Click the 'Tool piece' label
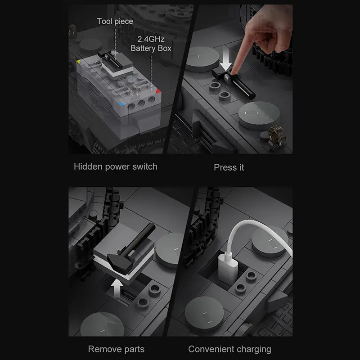pyautogui.click(x=115, y=21)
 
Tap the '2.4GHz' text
pyautogui.click(x=151, y=39)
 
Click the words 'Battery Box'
pyautogui.click(x=151, y=48)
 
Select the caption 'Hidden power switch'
pyautogui.click(x=116, y=166)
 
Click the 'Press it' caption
pyautogui.click(x=229, y=167)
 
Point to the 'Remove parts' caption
pyautogui.click(x=116, y=349)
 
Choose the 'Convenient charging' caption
pyautogui.click(x=229, y=349)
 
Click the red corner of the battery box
pyautogui.click(x=158, y=91)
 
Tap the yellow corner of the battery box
pyautogui.click(x=79, y=61)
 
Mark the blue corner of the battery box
pyautogui.click(x=121, y=104)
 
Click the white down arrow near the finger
pyautogui.click(x=226, y=60)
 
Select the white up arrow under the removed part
pyautogui.click(x=117, y=289)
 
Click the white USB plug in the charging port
pyautogui.click(x=228, y=266)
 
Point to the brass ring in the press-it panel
pyautogui.click(x=277, y=135)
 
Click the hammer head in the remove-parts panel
pyautogui.click(x=120, y=262)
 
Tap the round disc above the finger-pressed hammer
pyautogui.click(x=202, y=58)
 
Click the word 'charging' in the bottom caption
pyautogui.click(x=254, y=350)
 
